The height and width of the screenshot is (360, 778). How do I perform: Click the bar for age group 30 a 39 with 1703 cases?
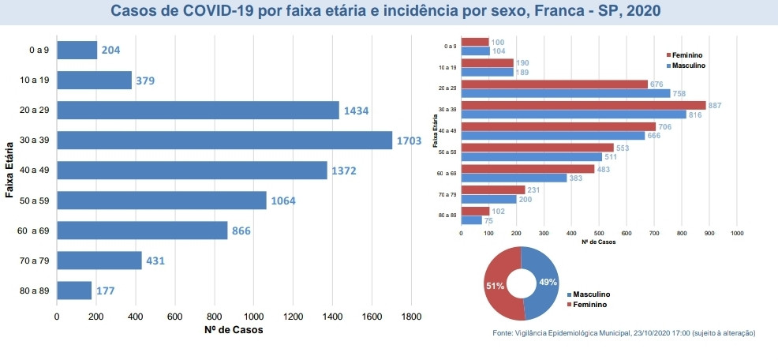[224, 140]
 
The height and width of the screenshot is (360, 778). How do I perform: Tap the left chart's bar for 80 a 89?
[74, 291]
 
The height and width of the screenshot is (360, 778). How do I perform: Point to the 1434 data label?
[355, 111]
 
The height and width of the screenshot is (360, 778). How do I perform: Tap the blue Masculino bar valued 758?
[565, 93]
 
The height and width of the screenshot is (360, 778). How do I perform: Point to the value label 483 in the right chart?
[603, 168]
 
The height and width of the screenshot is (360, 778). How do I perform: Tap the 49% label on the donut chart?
[548, 282]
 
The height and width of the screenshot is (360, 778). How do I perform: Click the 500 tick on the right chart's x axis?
[599, 234]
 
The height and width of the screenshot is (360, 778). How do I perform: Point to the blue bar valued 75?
[471, 220]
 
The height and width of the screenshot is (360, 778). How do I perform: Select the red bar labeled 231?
[492, 189]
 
